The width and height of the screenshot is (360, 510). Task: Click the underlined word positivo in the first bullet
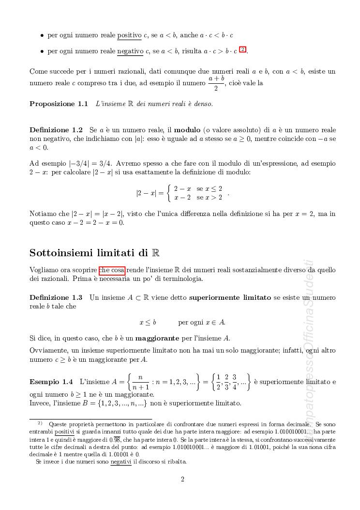[129, 35]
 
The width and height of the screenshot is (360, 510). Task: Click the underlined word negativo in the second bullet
[130, 51]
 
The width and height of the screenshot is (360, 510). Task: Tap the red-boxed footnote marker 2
[243, 49]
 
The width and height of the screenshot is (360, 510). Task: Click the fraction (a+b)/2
[216, 83]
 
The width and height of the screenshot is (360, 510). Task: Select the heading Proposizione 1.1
[59, 104]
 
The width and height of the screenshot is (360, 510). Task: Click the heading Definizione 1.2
[56, 130]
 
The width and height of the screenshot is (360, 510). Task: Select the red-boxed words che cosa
[112, 270]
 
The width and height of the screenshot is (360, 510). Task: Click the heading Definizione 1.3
[56, 297]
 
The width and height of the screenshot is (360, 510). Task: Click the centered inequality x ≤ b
[148, 322]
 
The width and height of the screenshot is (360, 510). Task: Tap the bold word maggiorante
[161, 338]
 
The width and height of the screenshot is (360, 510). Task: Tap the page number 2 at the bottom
[182, 479]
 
